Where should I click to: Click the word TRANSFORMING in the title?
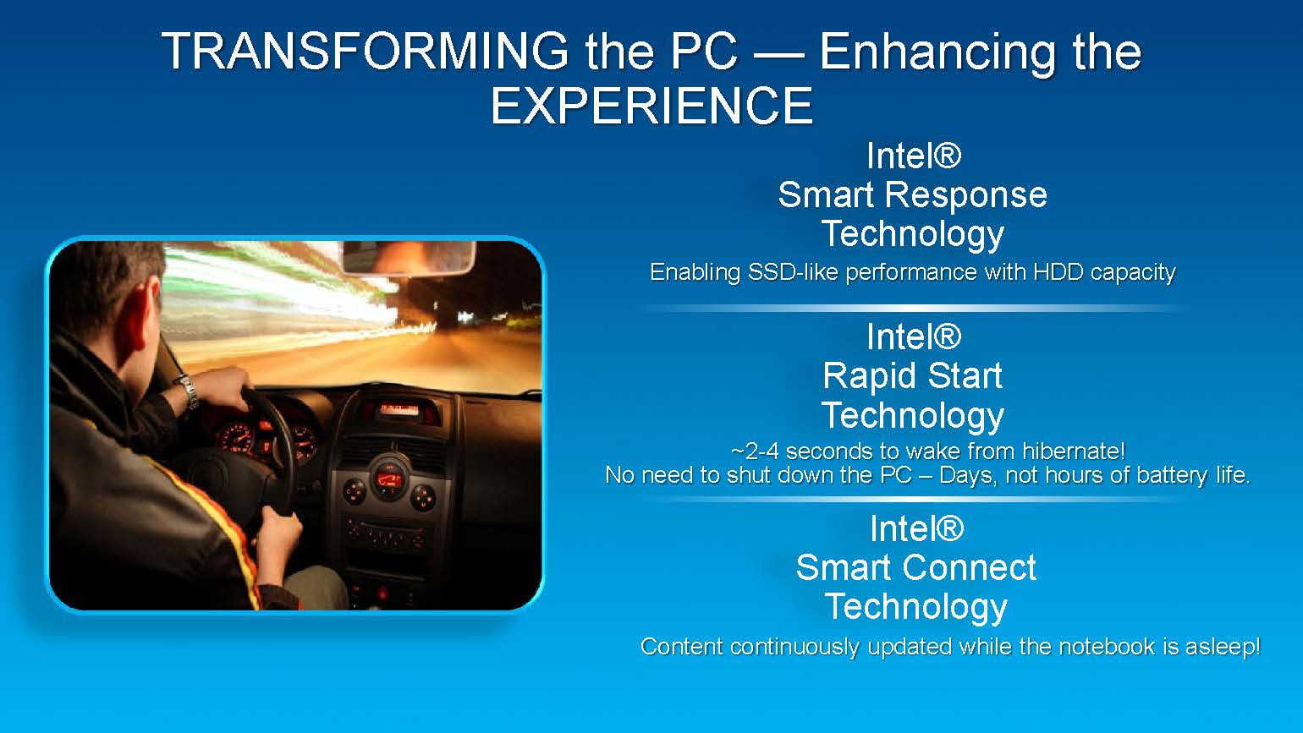coord(365,52)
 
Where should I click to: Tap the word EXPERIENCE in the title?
coord(651,105)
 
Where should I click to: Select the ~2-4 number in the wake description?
coord(755,451)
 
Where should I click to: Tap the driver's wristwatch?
coord(187,391)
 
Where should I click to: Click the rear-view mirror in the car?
coord(409,258)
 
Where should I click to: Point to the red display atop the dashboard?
coord(399,408)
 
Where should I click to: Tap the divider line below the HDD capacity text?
coord(912,308)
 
